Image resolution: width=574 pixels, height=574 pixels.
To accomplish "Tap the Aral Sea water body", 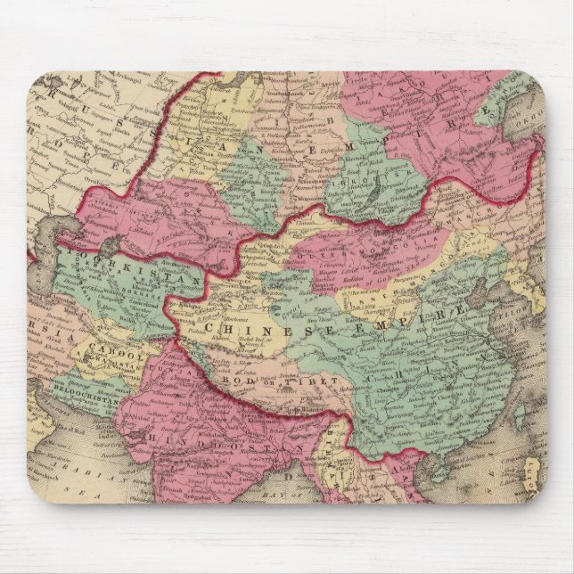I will coord(111,242).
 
